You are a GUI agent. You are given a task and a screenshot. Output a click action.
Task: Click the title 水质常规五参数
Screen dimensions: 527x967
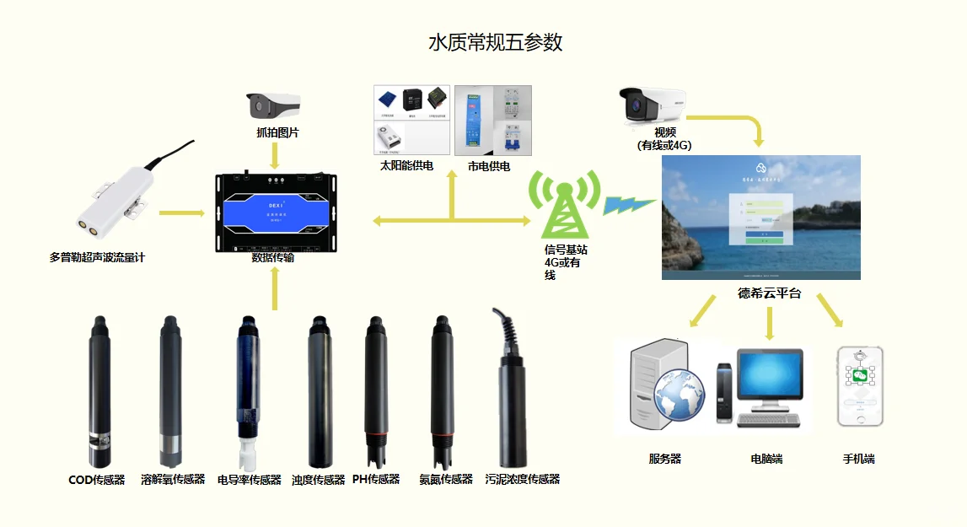pos(495,43)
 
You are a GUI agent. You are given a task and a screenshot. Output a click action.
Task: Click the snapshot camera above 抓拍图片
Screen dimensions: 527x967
pos(273,105)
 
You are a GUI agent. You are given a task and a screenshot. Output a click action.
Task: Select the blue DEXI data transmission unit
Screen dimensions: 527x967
pos(275,212)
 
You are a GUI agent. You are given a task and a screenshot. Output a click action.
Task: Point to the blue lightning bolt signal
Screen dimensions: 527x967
pos(629,205)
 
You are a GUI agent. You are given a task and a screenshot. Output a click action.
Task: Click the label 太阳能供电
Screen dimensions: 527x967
pos(406,166)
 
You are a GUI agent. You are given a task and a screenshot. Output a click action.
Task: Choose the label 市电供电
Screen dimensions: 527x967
pos(489,166)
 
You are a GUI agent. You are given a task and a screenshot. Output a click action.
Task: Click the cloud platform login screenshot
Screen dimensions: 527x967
pos(760,217)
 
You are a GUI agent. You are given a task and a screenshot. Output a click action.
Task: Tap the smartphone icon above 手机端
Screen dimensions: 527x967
pos(860,386)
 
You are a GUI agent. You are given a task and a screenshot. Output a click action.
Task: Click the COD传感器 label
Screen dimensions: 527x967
pos(96,480)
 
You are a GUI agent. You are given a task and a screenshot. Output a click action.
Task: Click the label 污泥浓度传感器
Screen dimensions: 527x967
pos(523,480)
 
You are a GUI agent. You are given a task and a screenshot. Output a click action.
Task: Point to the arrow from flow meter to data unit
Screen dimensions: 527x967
pos(180,212)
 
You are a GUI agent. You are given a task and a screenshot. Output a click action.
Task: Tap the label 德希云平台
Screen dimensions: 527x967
pos(769,293)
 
